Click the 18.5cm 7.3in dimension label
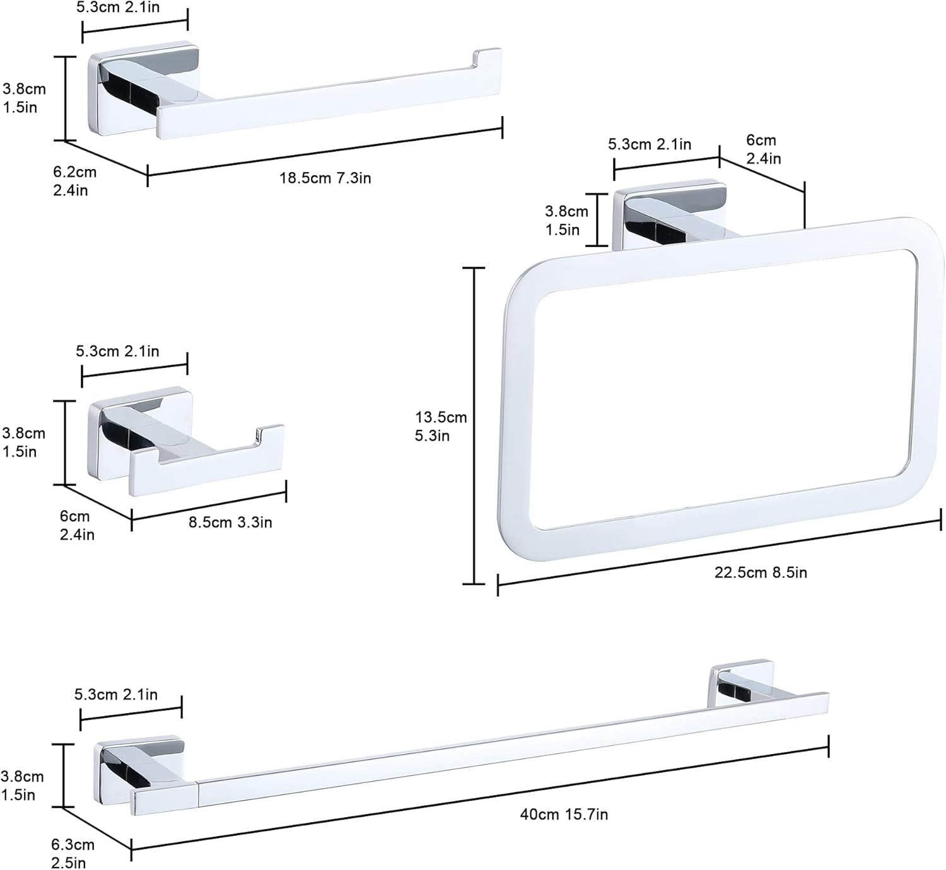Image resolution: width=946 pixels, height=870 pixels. (325, 178)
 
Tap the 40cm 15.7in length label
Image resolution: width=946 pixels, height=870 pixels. (564, 815)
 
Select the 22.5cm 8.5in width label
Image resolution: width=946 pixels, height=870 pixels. (760, 572)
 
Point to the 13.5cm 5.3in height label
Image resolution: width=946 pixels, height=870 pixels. (441, 426)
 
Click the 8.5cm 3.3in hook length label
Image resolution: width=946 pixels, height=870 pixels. (230, 523)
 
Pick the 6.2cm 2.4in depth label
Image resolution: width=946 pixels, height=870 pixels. (74, 181)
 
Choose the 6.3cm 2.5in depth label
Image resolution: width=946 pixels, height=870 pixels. (72, 854)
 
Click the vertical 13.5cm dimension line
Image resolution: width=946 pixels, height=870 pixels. (474, 426)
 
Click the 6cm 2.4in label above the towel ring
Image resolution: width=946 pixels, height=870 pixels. (763, 149)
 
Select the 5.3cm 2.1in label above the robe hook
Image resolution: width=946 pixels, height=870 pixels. (118, 351)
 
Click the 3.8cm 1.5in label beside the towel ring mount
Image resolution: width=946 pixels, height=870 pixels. (566, 221)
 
